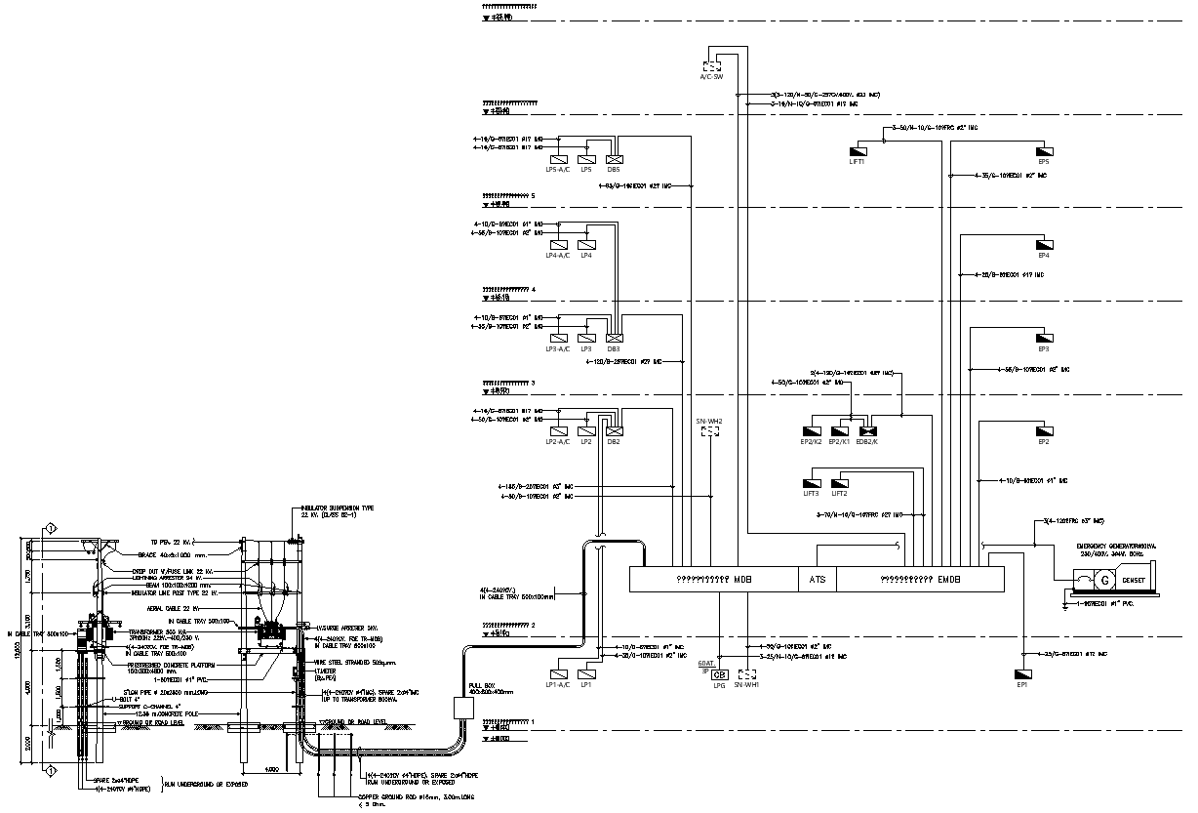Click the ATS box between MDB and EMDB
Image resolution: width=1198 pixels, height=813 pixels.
[x=818, y=579]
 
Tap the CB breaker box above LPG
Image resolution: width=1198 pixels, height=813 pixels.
[x=720, y=674]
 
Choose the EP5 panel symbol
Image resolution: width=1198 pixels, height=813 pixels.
[x=1044, y=151]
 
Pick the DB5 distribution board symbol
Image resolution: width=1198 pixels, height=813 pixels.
[x=614, y=160]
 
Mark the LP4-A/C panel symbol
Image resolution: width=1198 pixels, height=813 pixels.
[x=559, y=246]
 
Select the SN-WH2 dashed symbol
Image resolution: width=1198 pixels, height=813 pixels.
[x=709, y=430]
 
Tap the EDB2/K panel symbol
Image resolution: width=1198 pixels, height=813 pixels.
[x=866, y=430]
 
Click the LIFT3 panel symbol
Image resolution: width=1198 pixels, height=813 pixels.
[x=812, y=482]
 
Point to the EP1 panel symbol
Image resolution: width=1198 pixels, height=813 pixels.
[x=1022, y=674]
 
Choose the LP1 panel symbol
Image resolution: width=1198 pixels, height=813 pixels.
[x=586, y=674]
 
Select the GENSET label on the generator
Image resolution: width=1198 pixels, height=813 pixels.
[x=1134, y=581]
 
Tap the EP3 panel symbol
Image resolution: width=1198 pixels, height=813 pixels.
[x=1044, y=338]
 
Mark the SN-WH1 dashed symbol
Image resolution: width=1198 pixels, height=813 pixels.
[x=748, y=674]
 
